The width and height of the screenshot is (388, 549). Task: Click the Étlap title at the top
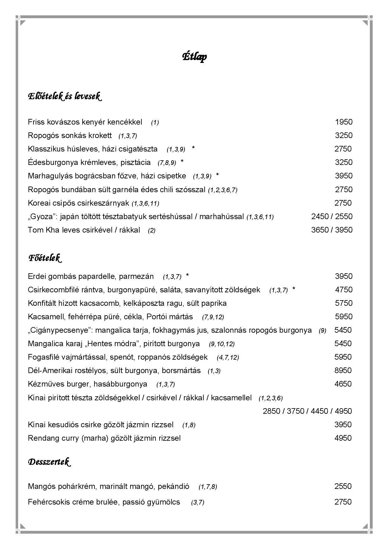[x=194, y=57]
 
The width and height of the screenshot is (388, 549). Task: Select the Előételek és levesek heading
[x=64, y=96]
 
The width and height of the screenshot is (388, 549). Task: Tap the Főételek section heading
[x=45, y=258]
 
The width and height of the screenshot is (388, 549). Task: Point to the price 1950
[x=344, y=122]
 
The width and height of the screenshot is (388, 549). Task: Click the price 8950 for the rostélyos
[x=343, y=371]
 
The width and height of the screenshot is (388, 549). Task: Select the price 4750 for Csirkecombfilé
[x=344, y=290]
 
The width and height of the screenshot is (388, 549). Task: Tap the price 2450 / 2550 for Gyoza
[x=332, y=217]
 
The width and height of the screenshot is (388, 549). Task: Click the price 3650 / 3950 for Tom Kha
[x=332, y=230]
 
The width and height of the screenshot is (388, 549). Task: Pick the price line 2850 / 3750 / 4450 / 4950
[x=307, y=411]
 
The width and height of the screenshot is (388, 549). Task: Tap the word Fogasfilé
[x=42, y=357]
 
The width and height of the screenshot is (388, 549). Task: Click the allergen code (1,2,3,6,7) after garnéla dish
[x=223, y=190]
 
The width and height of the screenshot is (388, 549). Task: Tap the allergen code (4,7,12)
[x=228, y=357]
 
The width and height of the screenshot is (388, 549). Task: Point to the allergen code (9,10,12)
[x=222, y=344]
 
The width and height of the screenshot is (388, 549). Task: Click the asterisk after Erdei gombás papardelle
[x=187, y=276]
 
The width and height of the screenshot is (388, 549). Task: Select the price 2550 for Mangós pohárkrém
[x=343, y=486]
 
